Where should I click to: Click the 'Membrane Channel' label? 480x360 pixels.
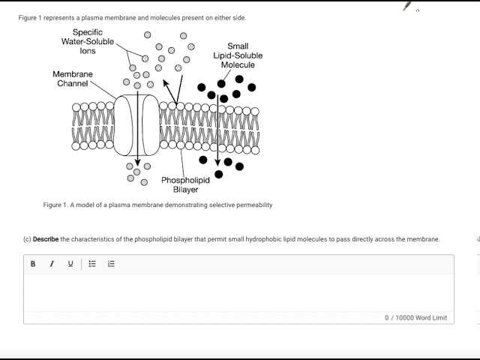click(73, 79)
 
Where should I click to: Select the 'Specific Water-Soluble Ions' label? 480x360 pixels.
click(88, 41)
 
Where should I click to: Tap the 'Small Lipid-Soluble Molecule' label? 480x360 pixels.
click(238, 55)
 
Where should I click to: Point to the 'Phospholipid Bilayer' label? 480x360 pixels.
click(185, 184)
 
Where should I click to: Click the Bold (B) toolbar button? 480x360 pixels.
click(33, 264)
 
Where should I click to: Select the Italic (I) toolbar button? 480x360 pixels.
click(52, 264)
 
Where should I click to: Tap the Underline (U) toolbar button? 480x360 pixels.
click(70, 264)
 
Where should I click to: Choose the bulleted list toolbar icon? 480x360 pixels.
click(92, 264)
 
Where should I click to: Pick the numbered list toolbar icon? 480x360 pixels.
click(111, 264)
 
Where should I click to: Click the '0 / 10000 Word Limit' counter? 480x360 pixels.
click(415, 318)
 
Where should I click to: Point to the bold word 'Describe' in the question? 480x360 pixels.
click(46, 239)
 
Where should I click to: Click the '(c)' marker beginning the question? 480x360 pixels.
click(27, 239)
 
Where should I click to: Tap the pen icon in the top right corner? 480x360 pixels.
click(407, 6)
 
